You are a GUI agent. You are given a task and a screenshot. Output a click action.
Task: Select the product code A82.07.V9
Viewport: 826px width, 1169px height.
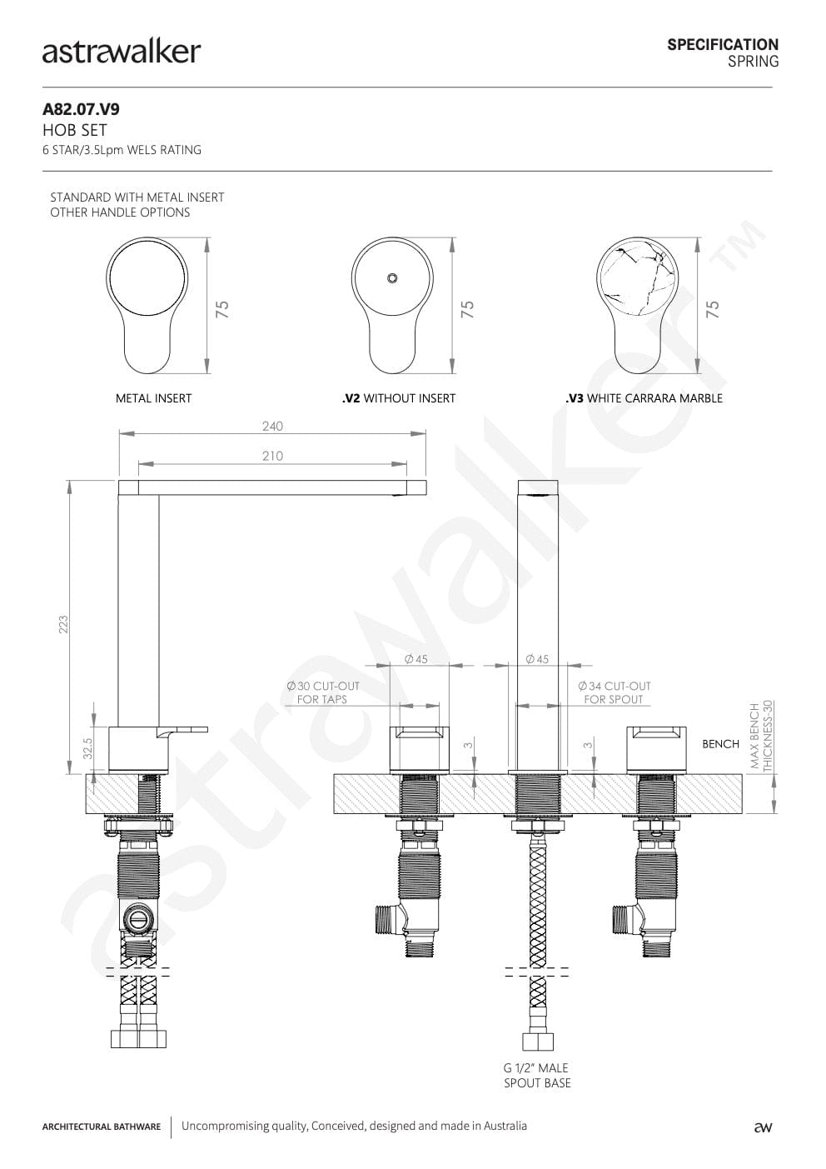[81, 109]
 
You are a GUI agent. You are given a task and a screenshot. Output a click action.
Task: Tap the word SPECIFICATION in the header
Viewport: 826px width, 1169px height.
[723, 44]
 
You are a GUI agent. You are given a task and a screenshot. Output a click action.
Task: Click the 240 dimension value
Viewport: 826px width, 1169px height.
[272, 427]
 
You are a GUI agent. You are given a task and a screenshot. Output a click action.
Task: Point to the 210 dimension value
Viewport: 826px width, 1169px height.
[272, 456]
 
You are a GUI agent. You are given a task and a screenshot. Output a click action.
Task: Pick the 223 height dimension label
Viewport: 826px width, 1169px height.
[63, 625]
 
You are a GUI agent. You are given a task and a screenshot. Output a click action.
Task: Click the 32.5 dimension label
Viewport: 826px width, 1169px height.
[87, 748]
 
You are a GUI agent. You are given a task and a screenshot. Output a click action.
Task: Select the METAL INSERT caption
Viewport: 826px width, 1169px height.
[153, 398]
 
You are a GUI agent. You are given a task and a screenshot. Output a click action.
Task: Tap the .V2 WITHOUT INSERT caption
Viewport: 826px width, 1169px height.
[399, 398]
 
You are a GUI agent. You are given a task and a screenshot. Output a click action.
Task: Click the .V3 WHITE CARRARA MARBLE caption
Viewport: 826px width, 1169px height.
[644, 398]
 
